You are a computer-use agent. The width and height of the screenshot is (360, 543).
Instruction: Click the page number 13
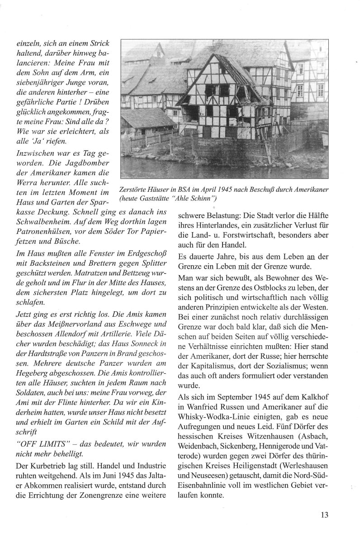pos(324,514)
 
